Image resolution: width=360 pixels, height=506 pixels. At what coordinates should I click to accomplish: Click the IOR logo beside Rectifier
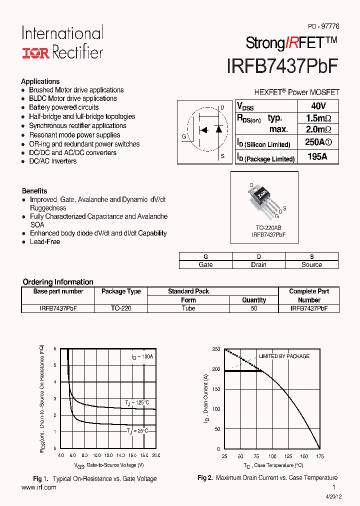click(35, 53)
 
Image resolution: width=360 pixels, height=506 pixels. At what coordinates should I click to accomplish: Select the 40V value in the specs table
click(318, 106)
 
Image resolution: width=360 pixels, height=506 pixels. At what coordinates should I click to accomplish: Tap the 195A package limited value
click(317, 157)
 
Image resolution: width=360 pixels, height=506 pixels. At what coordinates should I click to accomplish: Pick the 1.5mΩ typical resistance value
click(318, 118)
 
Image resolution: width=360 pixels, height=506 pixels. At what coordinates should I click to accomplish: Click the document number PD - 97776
click(323, 26)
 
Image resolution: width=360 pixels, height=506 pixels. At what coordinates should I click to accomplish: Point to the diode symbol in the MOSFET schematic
click(218, 129)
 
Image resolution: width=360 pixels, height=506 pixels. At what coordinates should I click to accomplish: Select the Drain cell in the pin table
click(258, 264)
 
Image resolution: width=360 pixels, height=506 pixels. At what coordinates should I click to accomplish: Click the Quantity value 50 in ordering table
click(254, 308)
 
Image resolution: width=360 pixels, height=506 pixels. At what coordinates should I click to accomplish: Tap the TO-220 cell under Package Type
click(121, 308)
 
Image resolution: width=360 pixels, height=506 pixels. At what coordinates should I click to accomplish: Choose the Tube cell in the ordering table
click(188, 308)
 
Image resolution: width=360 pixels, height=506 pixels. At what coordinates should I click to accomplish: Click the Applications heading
click(40, 81)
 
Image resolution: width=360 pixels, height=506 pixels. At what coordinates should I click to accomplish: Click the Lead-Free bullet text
click(45, 241)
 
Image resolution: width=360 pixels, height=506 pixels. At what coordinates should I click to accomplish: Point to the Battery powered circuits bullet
click(63, 107)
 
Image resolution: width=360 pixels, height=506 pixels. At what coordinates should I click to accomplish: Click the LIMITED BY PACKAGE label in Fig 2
click(283, 356)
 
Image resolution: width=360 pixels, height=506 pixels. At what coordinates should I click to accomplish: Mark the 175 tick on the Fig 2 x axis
click(320, 456)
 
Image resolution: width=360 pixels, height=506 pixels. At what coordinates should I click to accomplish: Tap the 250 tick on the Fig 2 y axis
click(215, 349)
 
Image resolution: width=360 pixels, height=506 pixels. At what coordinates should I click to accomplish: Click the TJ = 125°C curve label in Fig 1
click(137, 402)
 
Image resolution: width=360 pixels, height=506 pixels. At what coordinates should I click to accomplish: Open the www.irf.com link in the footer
click(39, 487)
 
